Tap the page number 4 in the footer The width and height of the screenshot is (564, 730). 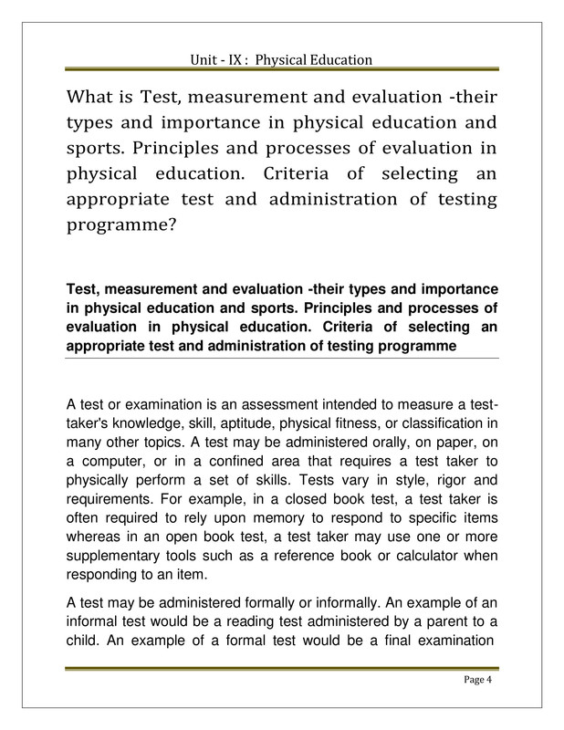pos(491,681)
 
